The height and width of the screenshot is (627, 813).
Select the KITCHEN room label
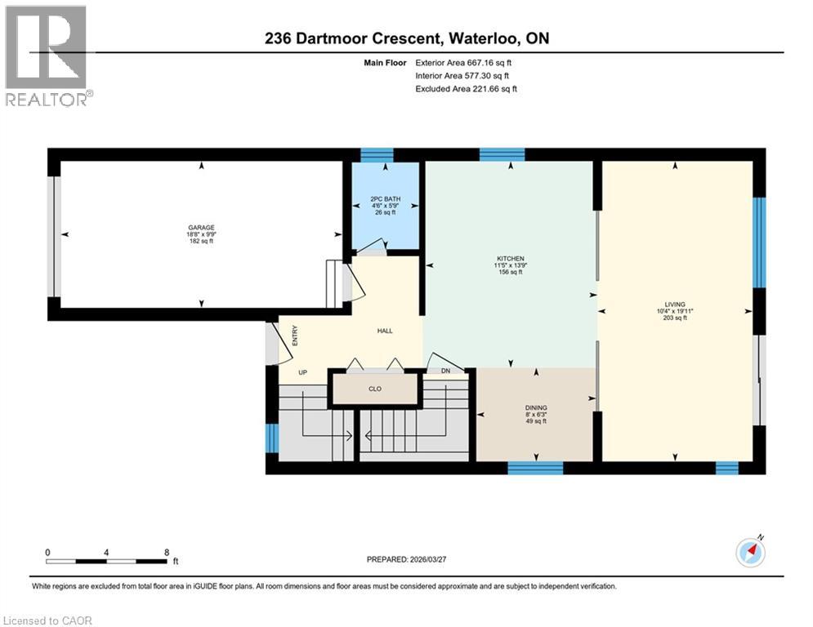click(509, 259)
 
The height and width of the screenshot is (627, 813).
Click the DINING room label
click(536, 407)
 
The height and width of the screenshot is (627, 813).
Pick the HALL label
click(385, 331)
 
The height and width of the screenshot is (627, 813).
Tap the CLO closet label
click(375, 389)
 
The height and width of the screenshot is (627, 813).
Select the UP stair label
click(302, 371)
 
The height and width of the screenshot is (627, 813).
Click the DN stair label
click(445, 371)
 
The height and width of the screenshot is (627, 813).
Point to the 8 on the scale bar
click(167, 552)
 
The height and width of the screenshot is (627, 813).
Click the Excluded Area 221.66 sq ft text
click(466, 89)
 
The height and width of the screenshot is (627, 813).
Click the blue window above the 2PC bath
click(377, 155)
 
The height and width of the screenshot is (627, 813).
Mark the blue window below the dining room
click(535, 468)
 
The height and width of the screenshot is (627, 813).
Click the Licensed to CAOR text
click(48, 620)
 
